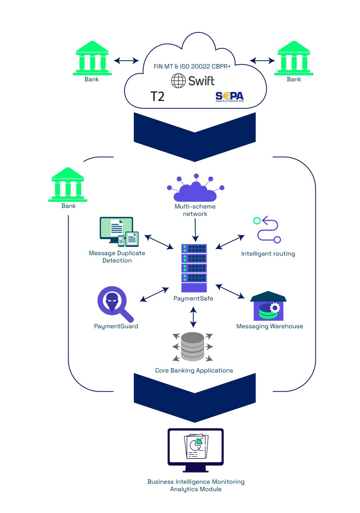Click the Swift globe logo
[178, 80]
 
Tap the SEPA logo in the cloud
[229, 97]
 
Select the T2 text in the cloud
[157, 97]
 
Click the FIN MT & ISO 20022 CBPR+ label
[192, 66]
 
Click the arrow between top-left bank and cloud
[126, 60]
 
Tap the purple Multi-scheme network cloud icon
[195, 189]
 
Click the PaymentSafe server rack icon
[194, 268]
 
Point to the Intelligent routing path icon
[268, 230]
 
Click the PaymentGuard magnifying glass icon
[115, 303]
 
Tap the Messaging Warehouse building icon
[268, 306]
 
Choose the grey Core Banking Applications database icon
[193, 347]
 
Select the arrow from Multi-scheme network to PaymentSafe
[195, 230]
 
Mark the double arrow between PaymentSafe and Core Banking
[193, 317]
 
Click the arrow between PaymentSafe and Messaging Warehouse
[230, 291]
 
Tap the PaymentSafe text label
[193, 299]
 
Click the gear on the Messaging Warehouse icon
[275, 308]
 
